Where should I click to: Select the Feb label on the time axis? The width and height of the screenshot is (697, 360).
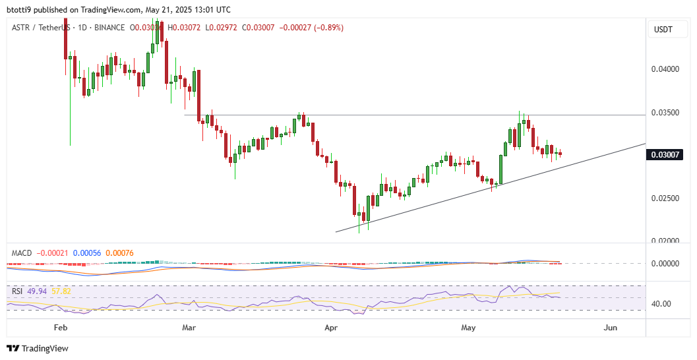[x=61, y=327]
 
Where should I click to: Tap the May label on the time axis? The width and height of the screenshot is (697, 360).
[x=468, y=327]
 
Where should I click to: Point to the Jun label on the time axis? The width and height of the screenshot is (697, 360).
[x=611, y=327]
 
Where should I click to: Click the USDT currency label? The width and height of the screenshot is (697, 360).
[x=663, y=30]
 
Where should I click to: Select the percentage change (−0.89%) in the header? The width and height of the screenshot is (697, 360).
[x=324, y=28]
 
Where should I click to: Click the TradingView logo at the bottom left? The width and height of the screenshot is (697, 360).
[x=38, y=348]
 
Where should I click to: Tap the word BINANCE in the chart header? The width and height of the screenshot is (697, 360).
[x=109, y=28]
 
